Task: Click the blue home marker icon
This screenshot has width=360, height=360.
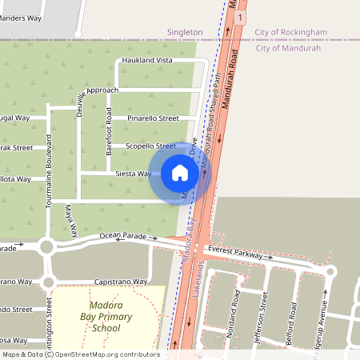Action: click(180, 173)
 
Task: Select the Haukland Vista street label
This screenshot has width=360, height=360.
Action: click(146, 61)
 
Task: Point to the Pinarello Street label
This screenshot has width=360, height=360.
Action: click(153, 118)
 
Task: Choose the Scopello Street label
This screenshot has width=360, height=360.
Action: click(150, 146)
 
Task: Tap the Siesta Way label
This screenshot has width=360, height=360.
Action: click(133, 174)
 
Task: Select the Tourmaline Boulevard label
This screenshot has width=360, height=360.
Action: click(49, 171)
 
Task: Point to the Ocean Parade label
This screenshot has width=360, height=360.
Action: click(124, 236)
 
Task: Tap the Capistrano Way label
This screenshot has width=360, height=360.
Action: click(122, 282)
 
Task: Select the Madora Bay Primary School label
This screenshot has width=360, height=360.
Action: click(106, 318)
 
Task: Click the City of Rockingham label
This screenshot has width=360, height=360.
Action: click(291, 32)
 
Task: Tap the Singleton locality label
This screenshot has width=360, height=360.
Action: click(185, 32)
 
